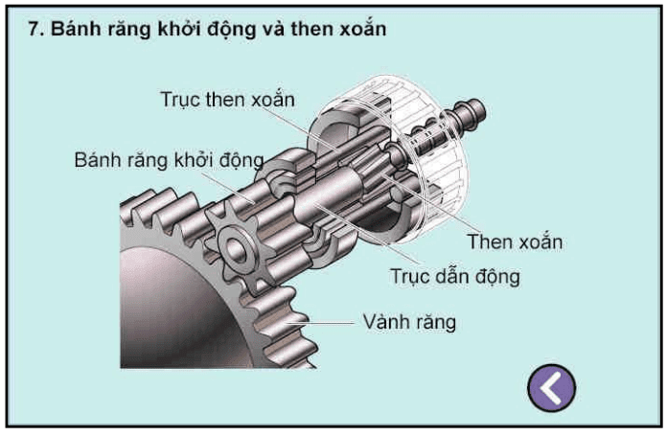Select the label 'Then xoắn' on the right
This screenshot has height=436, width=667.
[x=514, y=241]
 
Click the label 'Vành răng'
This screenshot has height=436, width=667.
[x=409, y=321]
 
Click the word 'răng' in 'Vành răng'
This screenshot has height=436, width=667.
[x=433, y=321]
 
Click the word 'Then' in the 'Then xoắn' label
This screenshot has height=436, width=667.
[x=489, y=241]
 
